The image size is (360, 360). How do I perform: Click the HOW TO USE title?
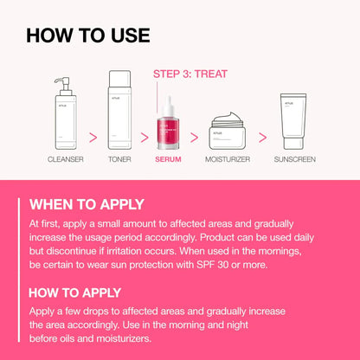tap(88, 35)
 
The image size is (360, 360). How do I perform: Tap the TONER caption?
tap(119, 160)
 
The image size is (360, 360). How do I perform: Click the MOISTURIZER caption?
tap(228, 160)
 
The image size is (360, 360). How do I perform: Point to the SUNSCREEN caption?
tap(294, 160)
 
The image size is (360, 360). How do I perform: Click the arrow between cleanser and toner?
tap(91, 136)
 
